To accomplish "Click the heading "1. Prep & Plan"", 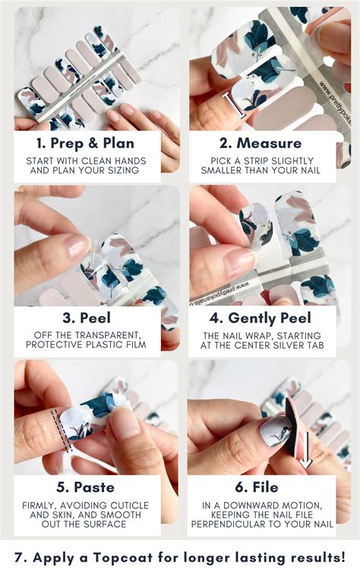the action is (x=85, y=144).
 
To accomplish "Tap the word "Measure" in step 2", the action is (x=269, y=144).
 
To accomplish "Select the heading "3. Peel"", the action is (x=87, y=318).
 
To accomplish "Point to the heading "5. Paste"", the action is (x=86, y=487).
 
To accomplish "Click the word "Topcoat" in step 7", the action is (x=122, y=558).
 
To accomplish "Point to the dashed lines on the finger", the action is (x=61, y=430).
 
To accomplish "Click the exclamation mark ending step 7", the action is (x=343, y=557).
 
